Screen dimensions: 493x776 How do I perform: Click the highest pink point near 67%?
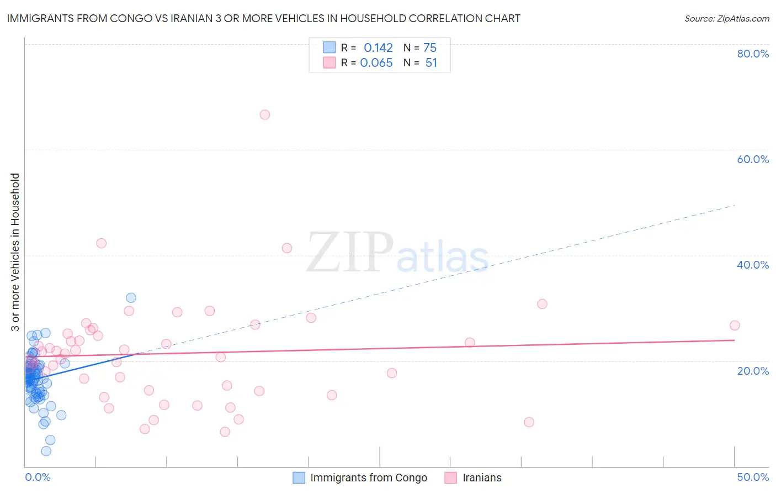(265, 115)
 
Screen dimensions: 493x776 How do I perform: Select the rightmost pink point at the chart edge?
(734, 326)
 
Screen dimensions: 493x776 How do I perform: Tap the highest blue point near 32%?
(131, 298)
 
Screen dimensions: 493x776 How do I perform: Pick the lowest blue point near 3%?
(46, 451)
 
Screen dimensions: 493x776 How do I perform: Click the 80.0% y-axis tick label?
(753, 54)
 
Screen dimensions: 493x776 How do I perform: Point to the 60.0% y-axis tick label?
(753, 159)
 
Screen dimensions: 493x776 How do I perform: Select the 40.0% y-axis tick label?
(753, 265)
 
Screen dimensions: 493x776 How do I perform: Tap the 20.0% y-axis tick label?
(753, 370)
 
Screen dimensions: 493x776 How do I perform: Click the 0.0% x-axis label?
(38, 477)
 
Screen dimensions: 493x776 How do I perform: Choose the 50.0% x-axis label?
(753, 477)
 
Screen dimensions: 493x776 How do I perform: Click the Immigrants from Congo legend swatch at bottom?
(299, 478)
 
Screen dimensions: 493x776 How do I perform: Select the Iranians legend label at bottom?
(482, 478)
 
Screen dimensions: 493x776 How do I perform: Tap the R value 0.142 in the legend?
(378, 48)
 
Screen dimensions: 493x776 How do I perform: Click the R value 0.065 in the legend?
(376, 63)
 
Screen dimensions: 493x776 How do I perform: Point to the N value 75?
(430, 48)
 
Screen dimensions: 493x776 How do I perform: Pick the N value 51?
(431, 63)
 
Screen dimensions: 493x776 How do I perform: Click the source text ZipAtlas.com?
(743, 19)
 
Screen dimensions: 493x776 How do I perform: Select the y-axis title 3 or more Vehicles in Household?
(15, 252)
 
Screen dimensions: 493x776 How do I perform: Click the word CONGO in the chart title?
(131, 19)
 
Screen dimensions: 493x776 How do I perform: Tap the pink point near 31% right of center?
(542, 304)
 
